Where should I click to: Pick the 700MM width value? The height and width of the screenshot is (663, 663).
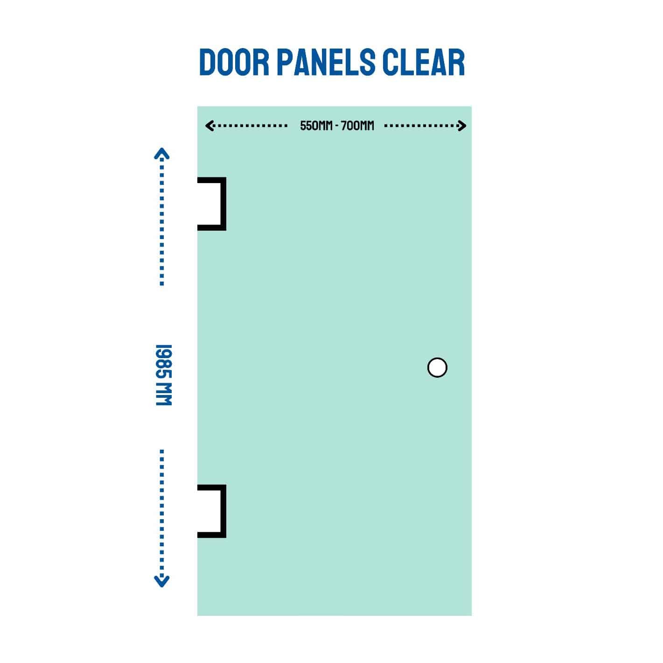point(357,126)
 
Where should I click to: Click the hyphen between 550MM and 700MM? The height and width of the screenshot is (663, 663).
point(336,126)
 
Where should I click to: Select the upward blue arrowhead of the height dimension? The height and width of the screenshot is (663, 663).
point(162,153)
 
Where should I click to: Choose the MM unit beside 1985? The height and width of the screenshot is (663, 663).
point(164,396)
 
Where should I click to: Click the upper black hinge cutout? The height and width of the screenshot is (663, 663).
point(212,204)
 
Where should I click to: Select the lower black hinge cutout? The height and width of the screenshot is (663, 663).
point(212,511)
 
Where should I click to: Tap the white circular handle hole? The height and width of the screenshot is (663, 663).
point(437,367)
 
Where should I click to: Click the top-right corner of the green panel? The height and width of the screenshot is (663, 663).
point(471,107)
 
